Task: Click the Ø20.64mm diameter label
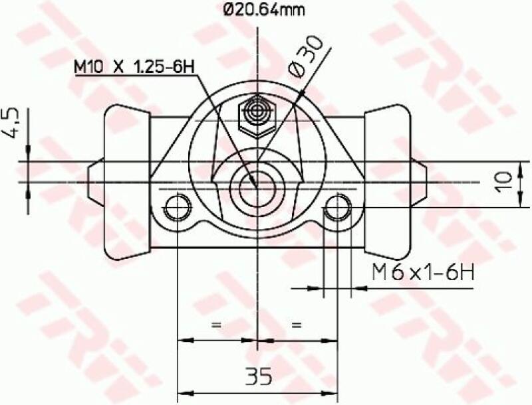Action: [257, 11]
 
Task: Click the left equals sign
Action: [215, 325]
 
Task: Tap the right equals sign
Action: [297, 325]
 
